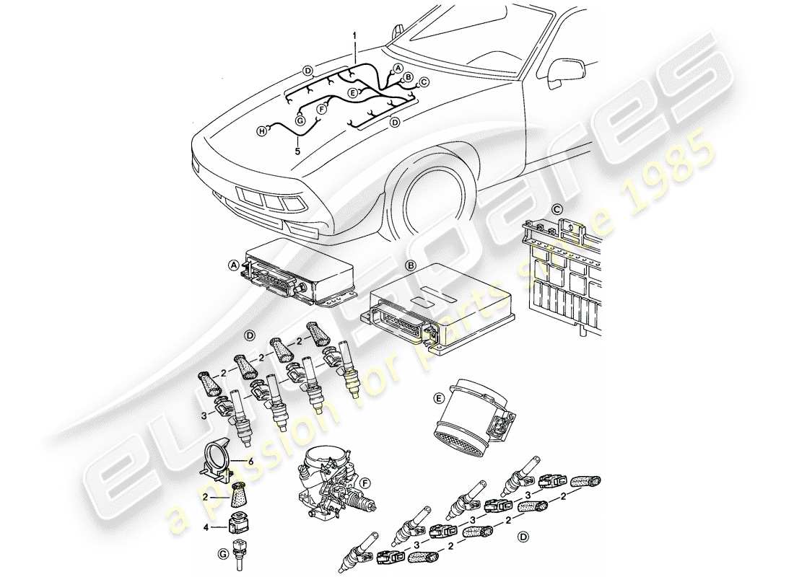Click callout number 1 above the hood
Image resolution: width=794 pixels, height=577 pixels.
tap(354, 34)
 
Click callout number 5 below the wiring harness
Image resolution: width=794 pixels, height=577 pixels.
tap(297, 151)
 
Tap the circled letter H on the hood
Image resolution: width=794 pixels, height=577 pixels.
tap(263, 130)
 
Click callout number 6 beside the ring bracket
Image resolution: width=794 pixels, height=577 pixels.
tap(250, 460)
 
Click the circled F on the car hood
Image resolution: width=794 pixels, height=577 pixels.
tap(322, 108)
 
